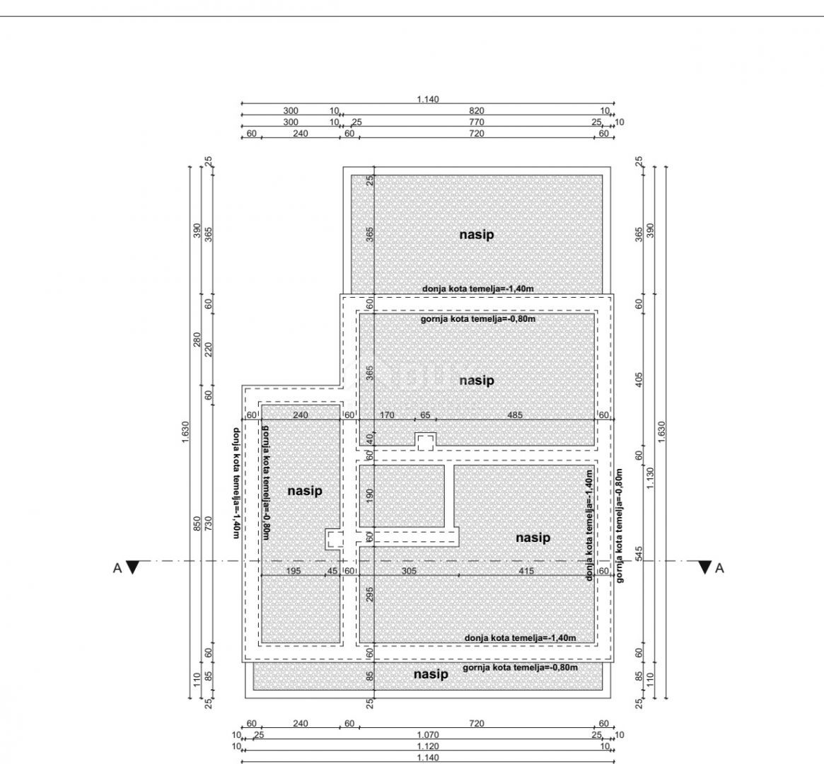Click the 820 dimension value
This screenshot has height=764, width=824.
tap(476, 111)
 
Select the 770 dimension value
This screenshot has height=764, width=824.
tap(476, 122)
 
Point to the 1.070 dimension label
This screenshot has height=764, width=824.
tap(428, 735)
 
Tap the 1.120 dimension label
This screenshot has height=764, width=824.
tap(428, 746)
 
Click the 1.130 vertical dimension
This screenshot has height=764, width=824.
tap(651, 477)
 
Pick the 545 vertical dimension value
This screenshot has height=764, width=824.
tap(639, 554)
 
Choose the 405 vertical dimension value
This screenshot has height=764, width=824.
tap(639, 380)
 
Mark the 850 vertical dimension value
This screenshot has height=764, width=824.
tap(197, 524)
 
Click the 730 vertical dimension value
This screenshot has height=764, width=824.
tap(209, 524)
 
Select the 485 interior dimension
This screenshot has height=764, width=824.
tap(515, 415)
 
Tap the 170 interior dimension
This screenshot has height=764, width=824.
tap(387, 415)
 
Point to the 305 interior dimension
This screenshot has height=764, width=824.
tap(409, 571)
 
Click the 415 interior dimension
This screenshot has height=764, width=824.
tap(526, 571)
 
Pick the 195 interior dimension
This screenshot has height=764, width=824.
tap(294, 571)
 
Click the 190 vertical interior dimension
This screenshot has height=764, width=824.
tap(369, 496)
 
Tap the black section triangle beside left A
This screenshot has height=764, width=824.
tap(133, 567)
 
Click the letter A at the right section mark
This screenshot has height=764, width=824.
tap(719, 568)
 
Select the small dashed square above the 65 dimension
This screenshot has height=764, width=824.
tap(425, 441)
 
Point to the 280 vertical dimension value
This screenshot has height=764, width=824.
tap(197, 340)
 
